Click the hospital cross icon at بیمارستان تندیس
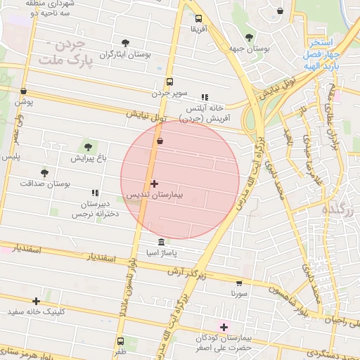pyautogui.click(x=154, y=184)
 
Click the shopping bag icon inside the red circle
pyautogui.click(x=160, y=141)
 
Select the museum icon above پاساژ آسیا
pyautogui.click(x=161, y=242)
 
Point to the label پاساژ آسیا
pyautogui.click(x=161, y=251)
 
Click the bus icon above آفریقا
pyautogui.click(x=198, y=19)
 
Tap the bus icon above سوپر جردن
pyautogui.click(x=169, y=82)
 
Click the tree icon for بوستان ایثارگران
pyautogui.click(x=126, y=44)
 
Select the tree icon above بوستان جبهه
pyautogui.click(x=250, y=38)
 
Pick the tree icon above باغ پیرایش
pyautogui.click(x=88, y=147)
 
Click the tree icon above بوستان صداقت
pyautogui.click(x=45, y=172)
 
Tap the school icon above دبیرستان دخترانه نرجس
pyautogui.click(x=95, y=193)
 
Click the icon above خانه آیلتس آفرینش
pyautogui.click(x=205, y=98)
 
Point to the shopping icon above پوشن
pyautogui.click(x=24, y=91)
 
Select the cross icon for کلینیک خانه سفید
pyautogui.click(x=36, y=301)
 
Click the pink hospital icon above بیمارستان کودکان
pyautogui.click(x=224, y=327)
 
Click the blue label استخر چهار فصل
pyautogui.click(x=323, y=49)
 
